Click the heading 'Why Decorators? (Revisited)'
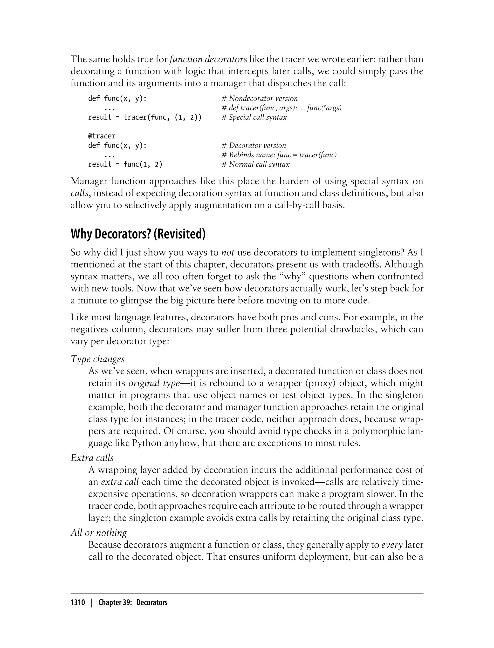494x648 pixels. click(x=138, y=234)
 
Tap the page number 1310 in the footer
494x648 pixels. click(x=78, y=602)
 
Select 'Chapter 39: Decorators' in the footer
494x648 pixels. click(x=133, y=602)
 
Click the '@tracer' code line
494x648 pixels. click(x=102, y=136)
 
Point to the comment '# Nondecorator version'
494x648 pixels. click(x=260, y=98)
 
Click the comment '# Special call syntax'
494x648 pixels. click(x=254, y=117)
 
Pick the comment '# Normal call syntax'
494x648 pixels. click(x=255, y=164)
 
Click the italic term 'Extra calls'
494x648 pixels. click(x=92, y=458)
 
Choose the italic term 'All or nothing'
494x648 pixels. click(x=99, y=533)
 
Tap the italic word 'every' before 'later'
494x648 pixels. click(x=392, y=545)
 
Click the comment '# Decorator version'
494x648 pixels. click(x=254, y=145)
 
